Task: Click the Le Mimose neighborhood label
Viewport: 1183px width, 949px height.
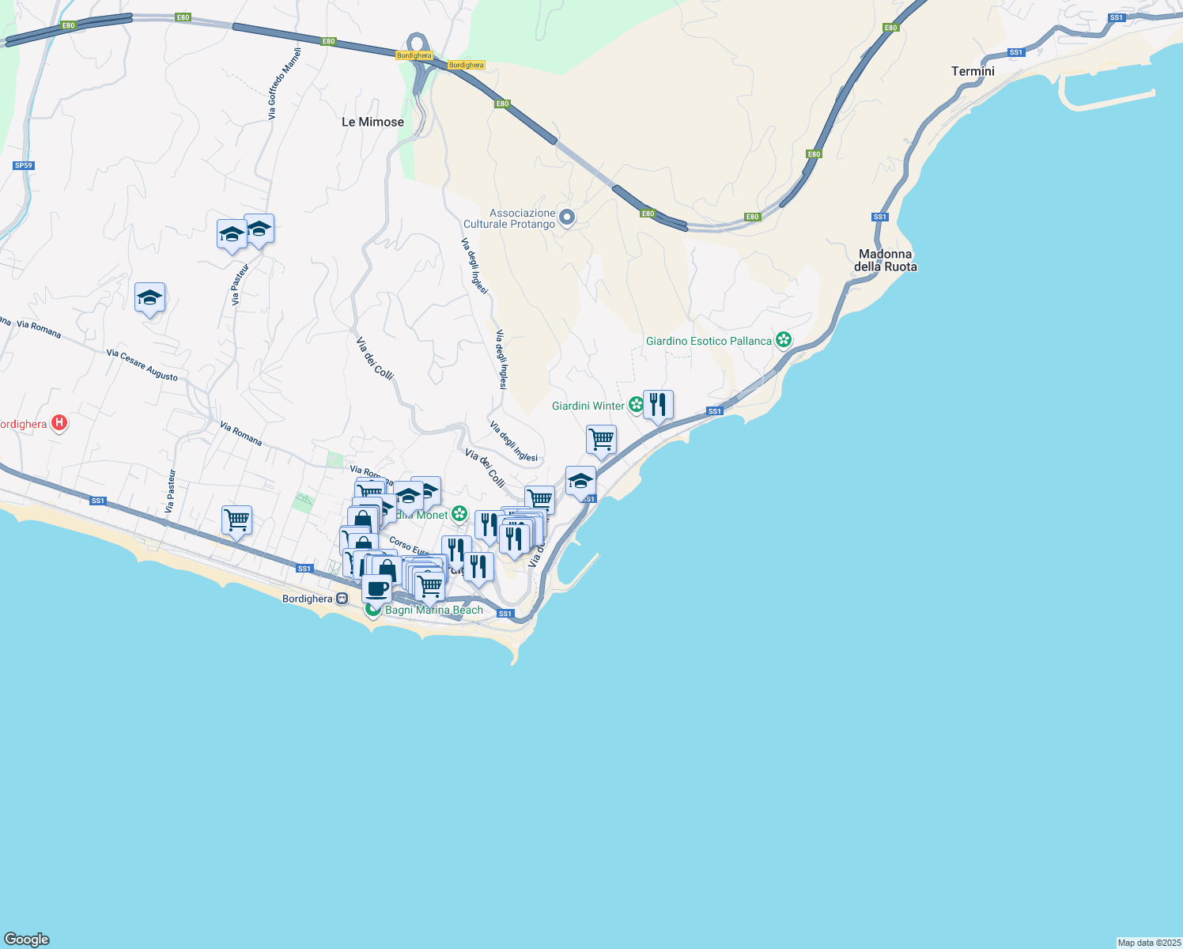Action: [x=372, y=122]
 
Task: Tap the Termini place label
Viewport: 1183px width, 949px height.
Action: [x=973, y=71]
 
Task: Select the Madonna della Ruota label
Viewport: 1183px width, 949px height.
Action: [x=885, y=260]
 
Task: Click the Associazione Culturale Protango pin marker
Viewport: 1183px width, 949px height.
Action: [x=567, y=217]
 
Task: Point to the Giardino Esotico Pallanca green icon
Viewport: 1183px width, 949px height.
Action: [x=784, y=341]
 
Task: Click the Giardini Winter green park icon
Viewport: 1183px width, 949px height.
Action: [x=636, y=406]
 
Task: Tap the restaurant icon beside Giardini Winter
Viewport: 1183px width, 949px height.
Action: [x=658, y=405]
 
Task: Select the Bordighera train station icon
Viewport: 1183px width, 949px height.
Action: [x=342, y=599]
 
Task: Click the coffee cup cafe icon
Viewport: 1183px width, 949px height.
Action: [x=377, y=588]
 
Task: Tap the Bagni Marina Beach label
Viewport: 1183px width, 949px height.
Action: [x=434, y=611]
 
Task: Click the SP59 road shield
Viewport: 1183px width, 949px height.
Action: [x=24, y=165]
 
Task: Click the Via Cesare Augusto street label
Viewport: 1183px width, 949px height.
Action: [x=142, y=365]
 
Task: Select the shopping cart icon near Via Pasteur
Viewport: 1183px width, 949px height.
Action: [x=236, y=520]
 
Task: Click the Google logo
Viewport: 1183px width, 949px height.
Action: [x=27, y=940]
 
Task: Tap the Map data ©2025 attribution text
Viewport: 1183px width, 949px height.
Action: [x=1148, y=943]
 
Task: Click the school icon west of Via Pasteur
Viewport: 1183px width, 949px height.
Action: [x=149, y=298]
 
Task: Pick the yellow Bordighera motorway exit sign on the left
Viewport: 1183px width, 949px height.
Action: [x=414, y=55]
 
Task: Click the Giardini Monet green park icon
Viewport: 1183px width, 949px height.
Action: [x=459, y=515]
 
